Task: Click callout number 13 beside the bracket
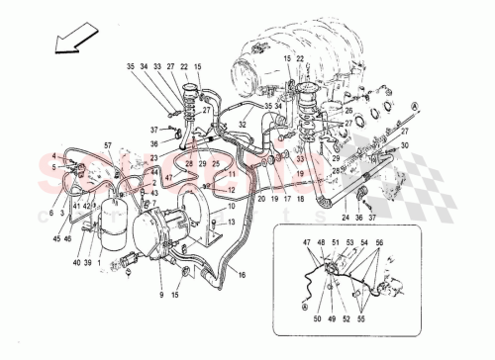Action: (232, 224)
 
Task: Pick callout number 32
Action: (241, 125)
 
